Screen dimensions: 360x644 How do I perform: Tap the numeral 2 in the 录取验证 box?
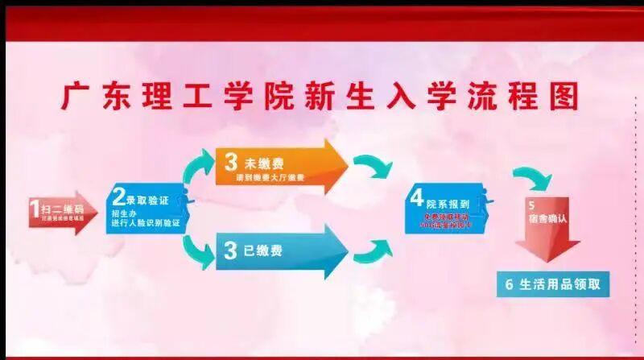tap(118, 196)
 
